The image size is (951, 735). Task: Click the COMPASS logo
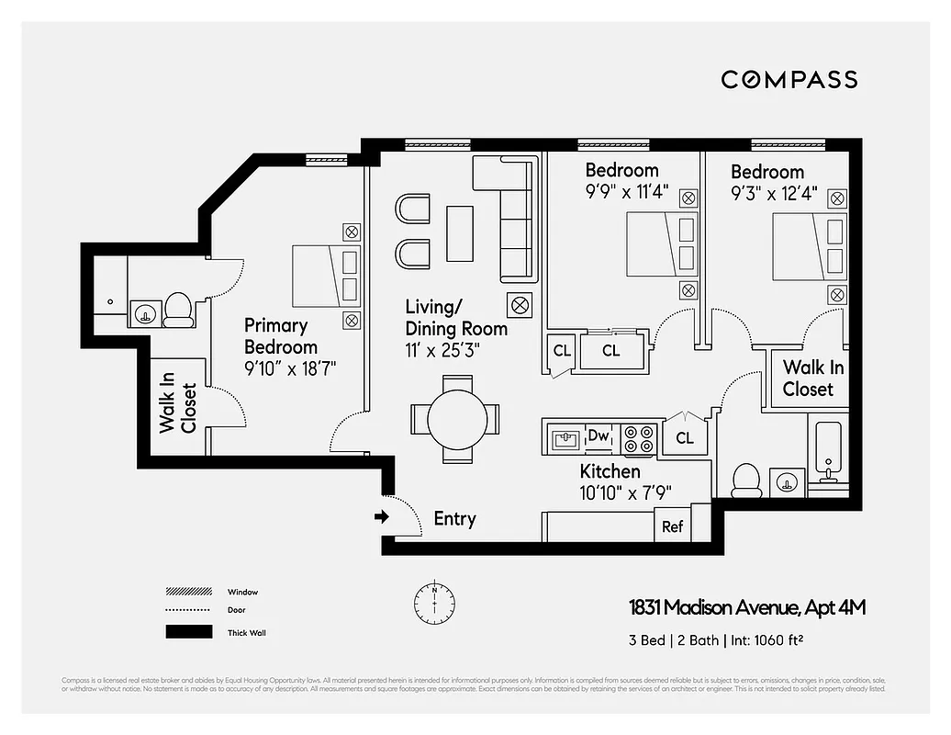789,79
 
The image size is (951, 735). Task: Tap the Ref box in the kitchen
672,527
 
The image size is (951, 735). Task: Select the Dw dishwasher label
599,435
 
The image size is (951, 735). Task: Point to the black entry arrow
382,518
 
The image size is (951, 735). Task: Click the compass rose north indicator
435,600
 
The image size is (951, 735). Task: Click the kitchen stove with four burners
639,438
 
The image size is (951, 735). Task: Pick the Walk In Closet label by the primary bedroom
179,407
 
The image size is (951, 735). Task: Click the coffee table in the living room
459,232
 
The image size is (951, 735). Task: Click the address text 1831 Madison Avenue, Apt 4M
747,607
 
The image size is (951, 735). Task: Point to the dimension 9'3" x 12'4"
774,194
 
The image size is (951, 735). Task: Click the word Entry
454,519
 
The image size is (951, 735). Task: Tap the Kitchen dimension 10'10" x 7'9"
625,492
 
